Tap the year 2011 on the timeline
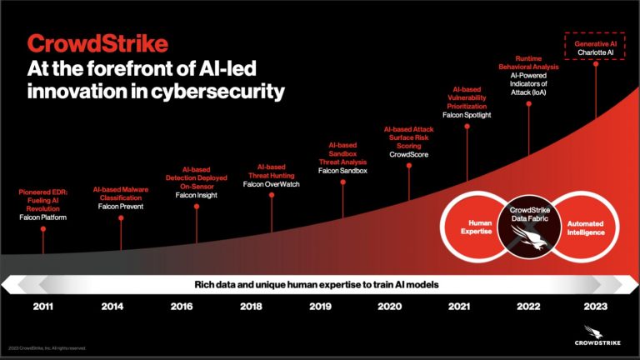click(44, 306)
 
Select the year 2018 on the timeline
click(251, 306)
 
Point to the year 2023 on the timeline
click(595, 306)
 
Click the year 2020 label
click(389, 306)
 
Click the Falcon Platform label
click(42, 217)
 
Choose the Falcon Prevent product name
click(121, 206)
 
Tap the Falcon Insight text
click(196, 195)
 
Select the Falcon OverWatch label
click(271, 183)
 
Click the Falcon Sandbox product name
click(342, 171)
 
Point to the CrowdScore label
click(408, 154)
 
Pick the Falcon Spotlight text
click(467, 115)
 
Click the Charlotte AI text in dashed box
click(595, 52)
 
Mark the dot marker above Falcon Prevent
click(122, 218)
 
